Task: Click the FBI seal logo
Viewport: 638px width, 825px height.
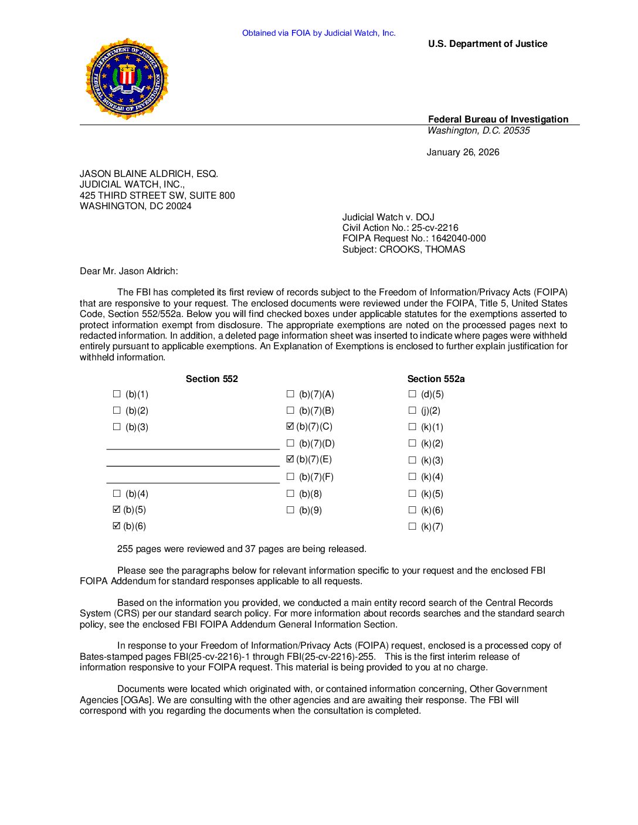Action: coord(127,79)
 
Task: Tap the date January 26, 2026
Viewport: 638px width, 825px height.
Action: coord(463,152)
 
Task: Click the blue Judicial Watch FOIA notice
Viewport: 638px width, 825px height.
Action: coord(318,33)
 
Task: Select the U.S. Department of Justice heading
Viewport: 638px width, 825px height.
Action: coord(487,44)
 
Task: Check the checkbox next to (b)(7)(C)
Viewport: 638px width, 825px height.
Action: coord(290,427)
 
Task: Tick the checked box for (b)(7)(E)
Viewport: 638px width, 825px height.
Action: coord(290,459)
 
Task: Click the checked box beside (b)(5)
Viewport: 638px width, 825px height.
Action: coord(117,510)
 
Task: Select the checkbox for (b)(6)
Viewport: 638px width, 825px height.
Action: coord(117,526)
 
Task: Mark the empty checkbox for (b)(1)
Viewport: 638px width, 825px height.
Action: coord(117,394)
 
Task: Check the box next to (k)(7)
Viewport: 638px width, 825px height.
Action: coord(412,527)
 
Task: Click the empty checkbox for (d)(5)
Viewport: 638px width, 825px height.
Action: coord(412,394)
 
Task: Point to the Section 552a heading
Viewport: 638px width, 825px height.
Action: coord(436,379)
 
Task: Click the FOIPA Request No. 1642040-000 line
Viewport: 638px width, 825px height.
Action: coord(414,238)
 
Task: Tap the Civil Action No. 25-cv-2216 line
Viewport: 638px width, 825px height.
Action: coord(401,228)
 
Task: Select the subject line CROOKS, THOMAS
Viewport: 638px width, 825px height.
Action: coord(403,250)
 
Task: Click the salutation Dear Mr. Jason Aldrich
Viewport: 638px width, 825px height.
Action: coord(128,271)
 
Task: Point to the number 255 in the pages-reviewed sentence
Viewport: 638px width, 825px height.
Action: coord(125,549)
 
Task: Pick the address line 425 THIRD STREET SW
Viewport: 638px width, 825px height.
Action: coord(157,196)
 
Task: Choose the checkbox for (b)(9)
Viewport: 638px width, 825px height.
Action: coord(290,510)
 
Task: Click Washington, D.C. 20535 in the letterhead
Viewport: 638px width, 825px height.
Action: coord(478,131)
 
